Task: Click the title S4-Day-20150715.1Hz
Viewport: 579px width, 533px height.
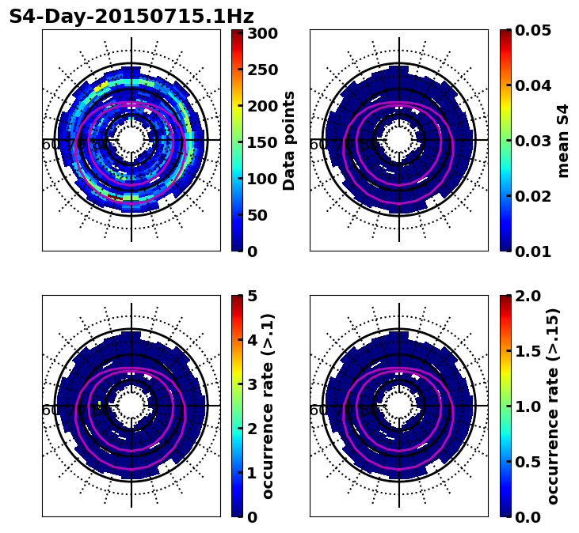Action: [131, 17]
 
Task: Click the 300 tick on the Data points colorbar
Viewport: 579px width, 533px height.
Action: [261, 33]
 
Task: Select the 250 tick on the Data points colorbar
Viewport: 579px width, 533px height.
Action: [261, 70]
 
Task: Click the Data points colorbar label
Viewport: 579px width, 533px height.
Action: [290, 140]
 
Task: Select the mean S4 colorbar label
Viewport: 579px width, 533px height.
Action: [563, 140]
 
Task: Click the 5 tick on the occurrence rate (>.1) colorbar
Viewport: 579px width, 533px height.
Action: [252, 296]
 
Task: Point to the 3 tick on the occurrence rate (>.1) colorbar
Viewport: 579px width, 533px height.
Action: [252, 384]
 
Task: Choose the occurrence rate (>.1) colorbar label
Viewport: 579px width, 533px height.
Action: [269, 406]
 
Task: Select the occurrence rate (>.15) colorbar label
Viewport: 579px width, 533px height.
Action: [553, 406]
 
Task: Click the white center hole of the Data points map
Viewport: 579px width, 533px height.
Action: [131, 140]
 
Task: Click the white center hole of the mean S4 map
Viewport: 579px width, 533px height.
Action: [399, 140]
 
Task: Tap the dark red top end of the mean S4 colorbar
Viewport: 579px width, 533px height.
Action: [505, 32]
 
